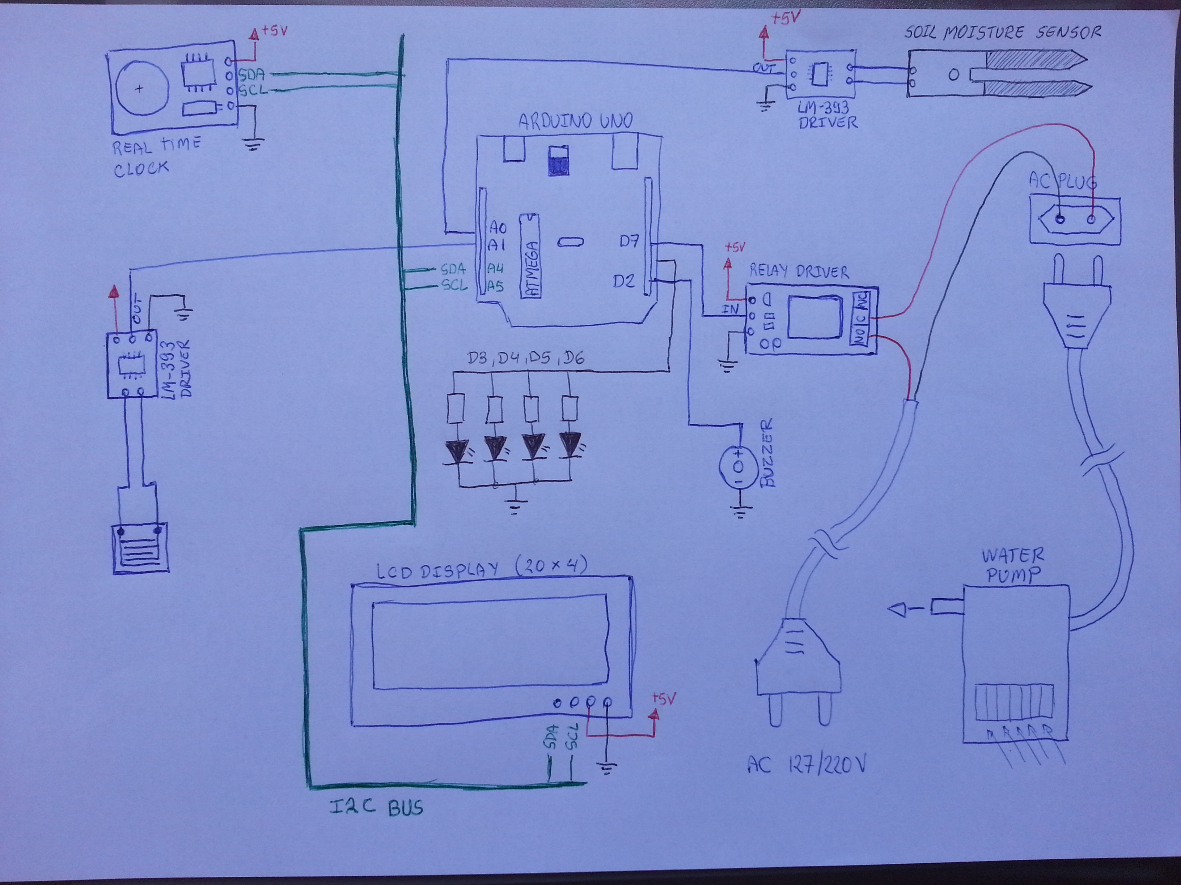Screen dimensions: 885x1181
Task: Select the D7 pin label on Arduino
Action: [x=629, y=241]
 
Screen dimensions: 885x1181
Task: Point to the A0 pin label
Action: [x=498, y=228]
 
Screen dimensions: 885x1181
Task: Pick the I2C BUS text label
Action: [x=376, y=807]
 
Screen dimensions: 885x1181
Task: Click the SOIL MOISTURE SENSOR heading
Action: [x=1003, y=33]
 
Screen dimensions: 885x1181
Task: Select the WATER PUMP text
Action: [x=1013, y=565]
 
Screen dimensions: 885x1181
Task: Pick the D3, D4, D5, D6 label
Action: [x=525, y=358]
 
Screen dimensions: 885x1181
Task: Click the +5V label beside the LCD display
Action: [x=664, y=699]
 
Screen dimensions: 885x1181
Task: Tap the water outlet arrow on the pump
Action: [x=901, y=609]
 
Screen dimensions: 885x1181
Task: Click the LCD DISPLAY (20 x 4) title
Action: [x=482, y=570]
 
